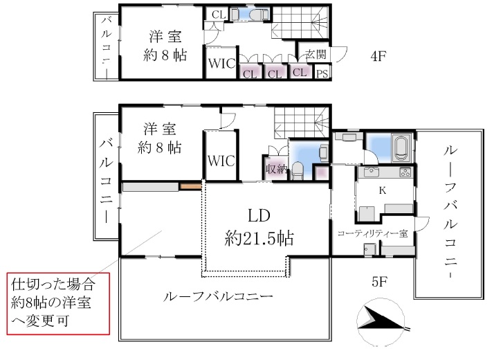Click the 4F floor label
pos(378,56)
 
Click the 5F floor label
pos(379,282)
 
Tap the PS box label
pos(322,74)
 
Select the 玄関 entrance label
pos(315,54)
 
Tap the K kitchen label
pos(383,190)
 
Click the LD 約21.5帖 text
pos(259,227)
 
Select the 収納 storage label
pos(276,170)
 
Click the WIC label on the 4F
pos(221,64)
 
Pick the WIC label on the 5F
pos(221,161)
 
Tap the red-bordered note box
pos(58,303)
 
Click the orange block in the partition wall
pos(190,186)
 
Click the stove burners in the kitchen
pos(405,172)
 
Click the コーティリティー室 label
pos(372,233)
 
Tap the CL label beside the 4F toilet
pos(219,15)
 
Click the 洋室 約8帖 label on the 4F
pos(165,46)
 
